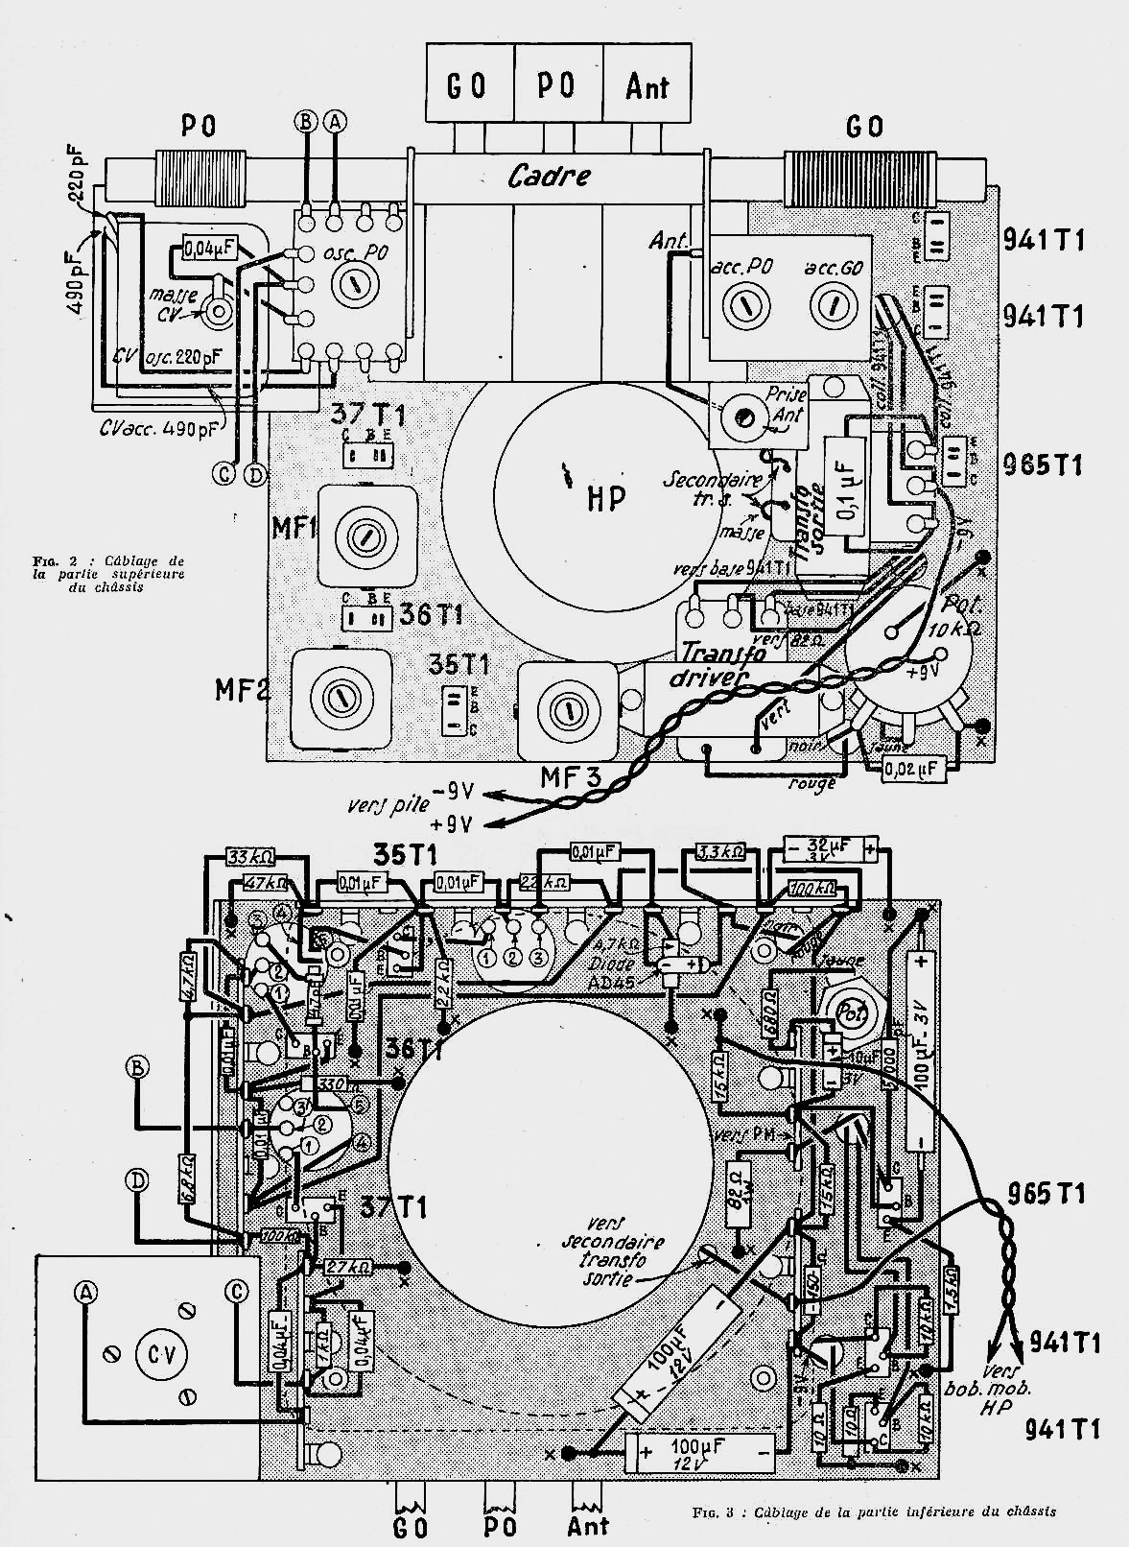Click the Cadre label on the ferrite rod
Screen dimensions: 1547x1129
[549, 177]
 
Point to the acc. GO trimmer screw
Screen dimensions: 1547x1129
[832, 308]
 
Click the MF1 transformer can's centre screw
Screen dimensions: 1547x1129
[364, 536]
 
